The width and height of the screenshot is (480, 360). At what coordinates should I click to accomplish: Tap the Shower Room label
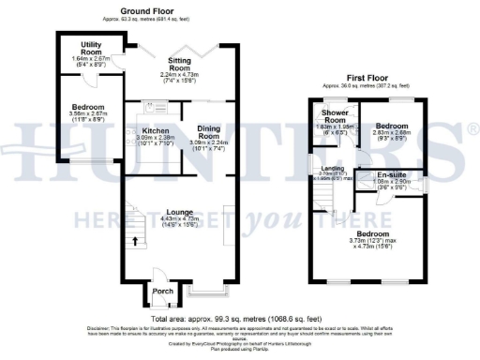335,116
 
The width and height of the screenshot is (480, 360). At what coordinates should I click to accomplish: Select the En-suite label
394,175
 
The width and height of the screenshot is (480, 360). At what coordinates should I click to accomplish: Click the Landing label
322,168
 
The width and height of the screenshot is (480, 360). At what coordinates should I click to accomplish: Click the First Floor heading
369,78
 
